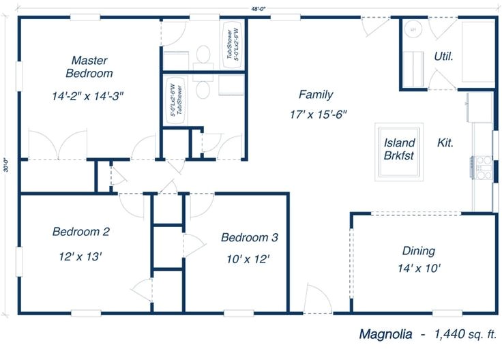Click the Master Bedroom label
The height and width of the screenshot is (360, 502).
[89, 66]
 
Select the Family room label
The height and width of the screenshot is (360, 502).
[316, 95]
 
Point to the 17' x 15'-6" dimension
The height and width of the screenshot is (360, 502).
[319, 114]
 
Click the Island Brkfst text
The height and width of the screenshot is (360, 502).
[399, 149]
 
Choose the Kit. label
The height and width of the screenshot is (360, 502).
[445, 143]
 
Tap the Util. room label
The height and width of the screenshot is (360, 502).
[443, 56]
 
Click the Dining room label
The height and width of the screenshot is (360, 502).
[418, 251]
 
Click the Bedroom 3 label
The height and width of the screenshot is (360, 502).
[249, 238]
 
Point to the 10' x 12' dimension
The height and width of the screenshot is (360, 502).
[248, 258]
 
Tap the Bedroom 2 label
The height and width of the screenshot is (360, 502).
[81, 232]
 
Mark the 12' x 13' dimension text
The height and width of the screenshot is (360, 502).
[80, 256]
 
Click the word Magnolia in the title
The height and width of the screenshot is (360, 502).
[385, 334]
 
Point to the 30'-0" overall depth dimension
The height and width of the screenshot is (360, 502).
[6, 164]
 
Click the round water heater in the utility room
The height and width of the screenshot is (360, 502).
[413, 31]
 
